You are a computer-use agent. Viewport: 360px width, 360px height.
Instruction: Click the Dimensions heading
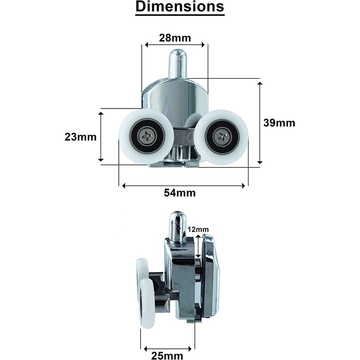click(x=180, y=7)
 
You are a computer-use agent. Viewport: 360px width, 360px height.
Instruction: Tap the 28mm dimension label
click(x=175, y=38)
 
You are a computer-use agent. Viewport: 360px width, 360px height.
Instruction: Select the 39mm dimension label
click(x=279, y=123)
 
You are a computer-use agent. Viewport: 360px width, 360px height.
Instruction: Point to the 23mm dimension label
click(x=81, y=137)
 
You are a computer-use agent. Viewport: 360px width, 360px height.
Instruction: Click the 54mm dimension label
click(x=180, y=193)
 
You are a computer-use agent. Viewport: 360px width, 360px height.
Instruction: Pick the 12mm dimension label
click(x=198, y=229)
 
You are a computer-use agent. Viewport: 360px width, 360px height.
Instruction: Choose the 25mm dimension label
click(x=167, y=355)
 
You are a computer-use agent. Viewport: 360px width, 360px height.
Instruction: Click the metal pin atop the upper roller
click(x=177, y=64)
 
